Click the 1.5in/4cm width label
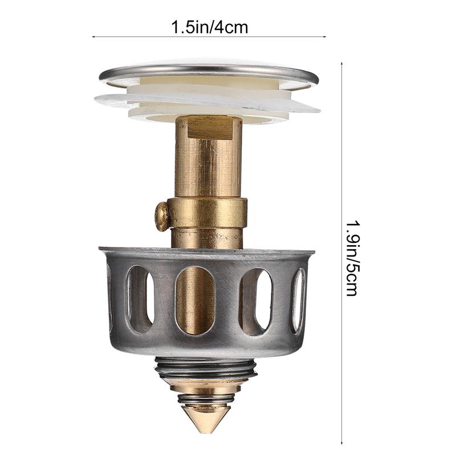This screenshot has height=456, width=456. (x=210, y=27)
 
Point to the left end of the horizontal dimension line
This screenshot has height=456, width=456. (x=93, y=37)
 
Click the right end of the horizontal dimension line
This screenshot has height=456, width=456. (x=325, y=37)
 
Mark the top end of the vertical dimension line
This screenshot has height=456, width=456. (x=341, y=63)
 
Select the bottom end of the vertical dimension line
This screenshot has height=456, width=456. (x=341, y=443)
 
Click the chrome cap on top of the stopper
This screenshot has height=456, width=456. (x=209, y=72)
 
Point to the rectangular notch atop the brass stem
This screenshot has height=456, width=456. (x=209, y=127)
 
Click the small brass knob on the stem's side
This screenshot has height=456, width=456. (x=162, y=216)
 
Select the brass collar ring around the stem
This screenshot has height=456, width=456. (x=209, y=213)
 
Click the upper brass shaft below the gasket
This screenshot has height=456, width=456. (x=209, y=165)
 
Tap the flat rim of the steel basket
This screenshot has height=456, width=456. (x=206, y=251)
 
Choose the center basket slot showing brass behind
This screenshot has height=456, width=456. (x=195, y=300)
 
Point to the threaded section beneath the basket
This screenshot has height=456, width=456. (x=206, y=368)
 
